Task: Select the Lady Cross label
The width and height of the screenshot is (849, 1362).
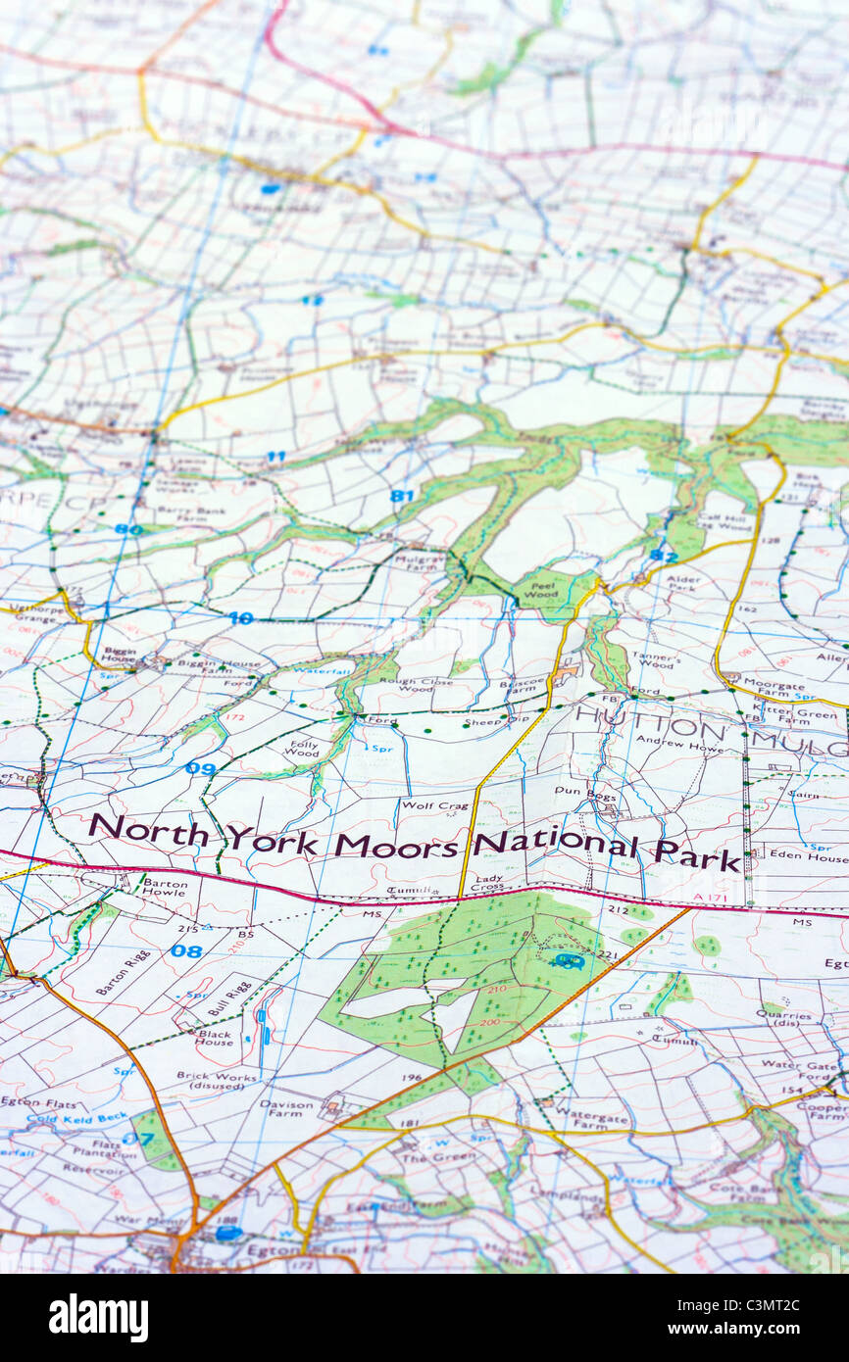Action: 488,886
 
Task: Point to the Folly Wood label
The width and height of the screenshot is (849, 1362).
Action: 301,748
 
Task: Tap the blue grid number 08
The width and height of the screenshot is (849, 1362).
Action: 185,950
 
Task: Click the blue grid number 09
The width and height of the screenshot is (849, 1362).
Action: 200,769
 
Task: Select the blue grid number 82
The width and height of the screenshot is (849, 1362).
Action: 663,556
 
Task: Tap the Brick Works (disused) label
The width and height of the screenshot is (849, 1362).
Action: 211,1081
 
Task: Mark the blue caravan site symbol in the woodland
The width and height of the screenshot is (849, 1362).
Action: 567,960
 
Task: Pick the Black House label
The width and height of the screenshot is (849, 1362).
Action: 215,1038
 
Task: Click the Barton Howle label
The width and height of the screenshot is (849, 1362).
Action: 164,887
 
